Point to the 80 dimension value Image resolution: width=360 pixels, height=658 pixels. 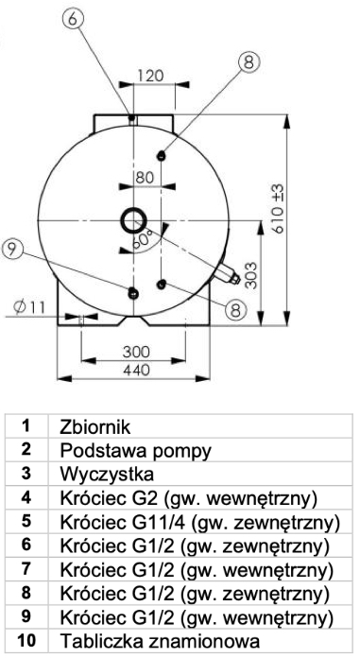point(144,176)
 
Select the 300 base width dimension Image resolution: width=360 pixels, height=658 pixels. point(139,352)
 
